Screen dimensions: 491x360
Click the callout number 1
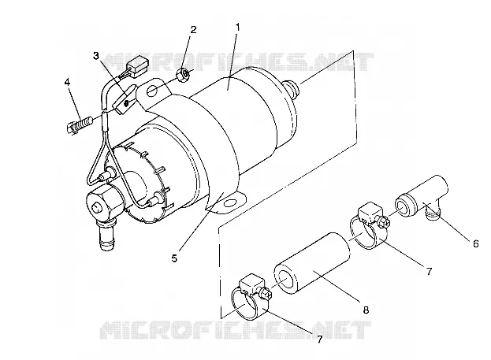[x=238, y=28]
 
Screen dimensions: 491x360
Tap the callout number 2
[x=194, y=30]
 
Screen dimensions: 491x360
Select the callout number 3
[x=96, y=56]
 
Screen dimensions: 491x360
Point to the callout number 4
[x=67, y=82]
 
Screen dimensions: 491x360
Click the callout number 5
[x=174, y=258]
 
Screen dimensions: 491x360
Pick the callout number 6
[x=476, y=243]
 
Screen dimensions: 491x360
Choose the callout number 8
[x=366, y=310]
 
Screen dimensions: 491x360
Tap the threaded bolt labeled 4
[x=79, y=125]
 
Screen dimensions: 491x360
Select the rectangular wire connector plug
[x=135, y=67]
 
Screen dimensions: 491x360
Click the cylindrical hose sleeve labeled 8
[x=312, y=263]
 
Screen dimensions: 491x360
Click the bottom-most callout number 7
[x=319, y=340]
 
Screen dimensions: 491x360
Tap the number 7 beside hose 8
[x=429, y=271]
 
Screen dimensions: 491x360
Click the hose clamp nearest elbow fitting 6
[x=369, y=225]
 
